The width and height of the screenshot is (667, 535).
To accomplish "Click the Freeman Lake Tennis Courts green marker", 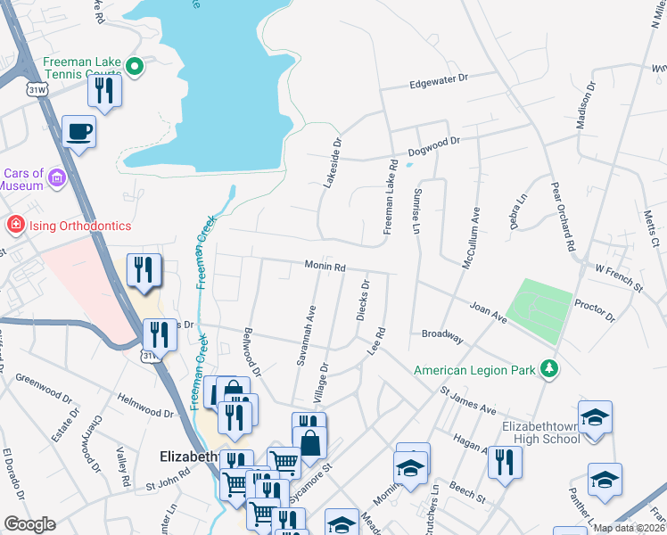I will point(134,65).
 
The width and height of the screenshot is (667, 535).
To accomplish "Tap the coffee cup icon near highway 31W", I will point(79,132).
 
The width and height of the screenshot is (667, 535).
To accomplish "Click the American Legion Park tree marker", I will point(550,368).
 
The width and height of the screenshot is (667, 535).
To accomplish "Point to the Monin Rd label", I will point(324,266).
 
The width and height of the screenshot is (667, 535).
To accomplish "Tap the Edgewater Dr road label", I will point(438,80).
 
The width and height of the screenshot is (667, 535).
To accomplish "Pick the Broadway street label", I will point(442,336).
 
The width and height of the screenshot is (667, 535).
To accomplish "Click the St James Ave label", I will point(466,399).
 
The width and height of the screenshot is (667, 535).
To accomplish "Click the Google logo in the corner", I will point(29,524).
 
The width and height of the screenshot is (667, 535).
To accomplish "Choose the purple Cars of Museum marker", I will point(58,178).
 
